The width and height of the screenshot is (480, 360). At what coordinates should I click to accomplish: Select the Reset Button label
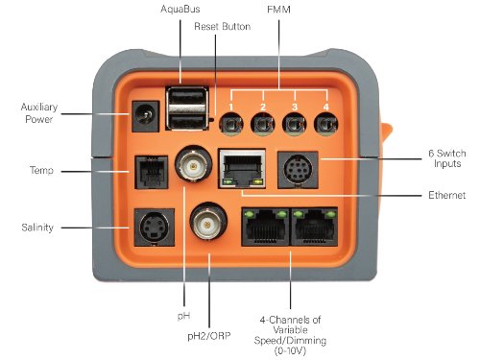(222, 27)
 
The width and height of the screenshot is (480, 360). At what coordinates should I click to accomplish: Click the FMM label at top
(279, 10)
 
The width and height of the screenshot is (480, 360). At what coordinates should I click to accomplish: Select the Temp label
(41, 171)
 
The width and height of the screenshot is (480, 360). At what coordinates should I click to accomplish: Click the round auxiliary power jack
(146, 120)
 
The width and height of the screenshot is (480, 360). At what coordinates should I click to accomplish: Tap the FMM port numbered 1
(230, 123)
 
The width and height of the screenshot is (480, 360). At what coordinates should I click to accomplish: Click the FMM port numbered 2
(262, 123)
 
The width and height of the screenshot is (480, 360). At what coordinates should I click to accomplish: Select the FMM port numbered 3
(295, 123)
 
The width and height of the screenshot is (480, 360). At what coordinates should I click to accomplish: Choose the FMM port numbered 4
(327, 123)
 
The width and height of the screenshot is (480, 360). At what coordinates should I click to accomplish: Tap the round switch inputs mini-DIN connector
(299, 169)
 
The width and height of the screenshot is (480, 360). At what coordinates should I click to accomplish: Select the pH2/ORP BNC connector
(206, 226)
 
